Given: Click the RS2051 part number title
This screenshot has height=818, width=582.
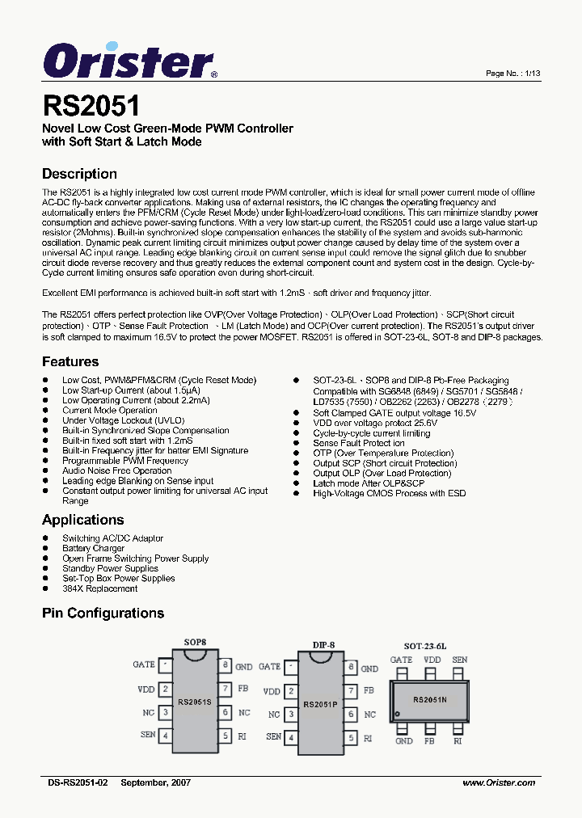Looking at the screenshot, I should pyautogui.click(x=91, y=106).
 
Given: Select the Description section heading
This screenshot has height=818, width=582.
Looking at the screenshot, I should pyautogui.click(x=79, y=174).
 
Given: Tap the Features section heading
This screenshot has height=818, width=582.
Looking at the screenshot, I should pyautogui.click(x=70, y=361).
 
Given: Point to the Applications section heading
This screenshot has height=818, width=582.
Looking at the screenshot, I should pyautogui.click(x=82, y=520).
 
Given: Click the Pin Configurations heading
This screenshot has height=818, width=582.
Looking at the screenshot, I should pyautogui.click(x=103, y=613).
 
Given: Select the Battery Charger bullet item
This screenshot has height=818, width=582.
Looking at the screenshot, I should pyautogui.click(x=93, y=548).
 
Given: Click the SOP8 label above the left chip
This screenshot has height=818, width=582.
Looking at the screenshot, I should pyautogui.click(x=195, y=642).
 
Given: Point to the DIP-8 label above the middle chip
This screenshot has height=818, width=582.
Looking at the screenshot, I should pyautogui.click(x=323, y=644).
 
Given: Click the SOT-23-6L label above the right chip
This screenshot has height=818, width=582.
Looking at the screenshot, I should pyautogui.click(x=424, y=647).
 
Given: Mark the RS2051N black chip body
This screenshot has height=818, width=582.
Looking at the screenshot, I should pyautogui.click(x=430, y=700).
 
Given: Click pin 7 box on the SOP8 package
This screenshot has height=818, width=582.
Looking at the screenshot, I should pyautogui.click(x=224, y=690).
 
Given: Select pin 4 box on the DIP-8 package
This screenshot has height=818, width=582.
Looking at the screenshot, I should pyautogui.click(x=291, y=737).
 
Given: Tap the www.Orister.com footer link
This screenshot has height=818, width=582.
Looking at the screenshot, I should pyautogui.click(x=499, y=782).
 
